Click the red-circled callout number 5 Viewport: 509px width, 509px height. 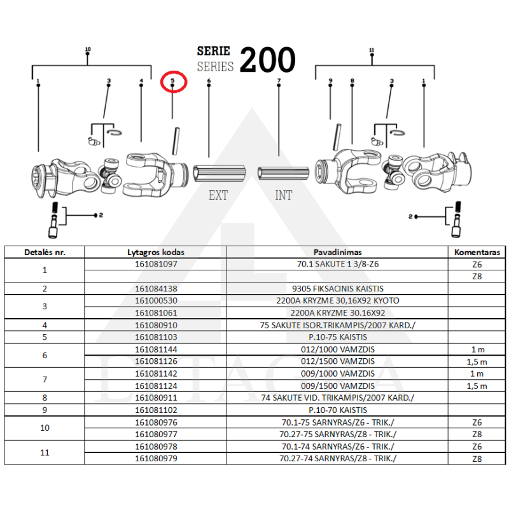[x=172, y=81]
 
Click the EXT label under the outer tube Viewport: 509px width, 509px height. [x=218, y=195]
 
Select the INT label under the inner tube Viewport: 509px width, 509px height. [x=284, y=195]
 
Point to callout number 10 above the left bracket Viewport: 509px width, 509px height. [x=88, y=50]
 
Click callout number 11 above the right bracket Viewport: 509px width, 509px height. [x=371, y=50]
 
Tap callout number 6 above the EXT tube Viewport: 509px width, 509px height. [x=209, y=81]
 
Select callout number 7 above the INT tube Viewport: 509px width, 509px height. [x=279, y=81]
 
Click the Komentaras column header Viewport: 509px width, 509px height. [x=477, y=252]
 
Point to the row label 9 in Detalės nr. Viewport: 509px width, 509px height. [x=45, y=410]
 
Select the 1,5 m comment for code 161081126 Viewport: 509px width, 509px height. [x=477, y=361]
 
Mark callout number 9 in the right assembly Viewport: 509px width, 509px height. [x=331, y=81]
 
